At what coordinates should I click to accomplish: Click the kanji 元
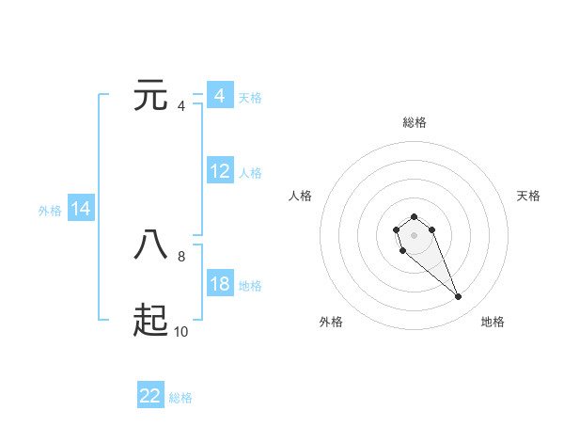(x=151, y=96)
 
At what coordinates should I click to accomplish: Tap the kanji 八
(x=151, y=244)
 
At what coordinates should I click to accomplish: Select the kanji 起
(x=151, y=321)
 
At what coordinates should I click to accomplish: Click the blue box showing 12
(x=220, y=171)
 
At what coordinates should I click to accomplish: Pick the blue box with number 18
(x=220, y=284)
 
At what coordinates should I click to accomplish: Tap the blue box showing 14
(x=81, y=210)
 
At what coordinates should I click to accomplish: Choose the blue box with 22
(x=150, y=396)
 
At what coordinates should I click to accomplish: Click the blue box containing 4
(x=220, y=96)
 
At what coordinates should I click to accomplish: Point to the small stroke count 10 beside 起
(x=181, y=331)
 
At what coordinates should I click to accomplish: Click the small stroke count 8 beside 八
(x=181, y=255)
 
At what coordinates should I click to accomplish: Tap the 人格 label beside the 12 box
(x=250, y=173)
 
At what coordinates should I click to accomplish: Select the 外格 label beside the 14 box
(x=50, y=211)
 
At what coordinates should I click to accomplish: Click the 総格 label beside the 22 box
(x=180, y=398)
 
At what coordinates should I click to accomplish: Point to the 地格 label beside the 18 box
(x=250, y=286)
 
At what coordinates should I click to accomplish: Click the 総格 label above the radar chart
(x=415, y=123)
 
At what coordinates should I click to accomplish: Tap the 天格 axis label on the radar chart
(x=528, y=196)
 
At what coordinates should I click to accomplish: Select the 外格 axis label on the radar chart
(x=331, y=322)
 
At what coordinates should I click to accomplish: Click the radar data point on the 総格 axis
(x=414, y=217)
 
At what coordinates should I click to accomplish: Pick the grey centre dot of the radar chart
(x=414, y=233)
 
